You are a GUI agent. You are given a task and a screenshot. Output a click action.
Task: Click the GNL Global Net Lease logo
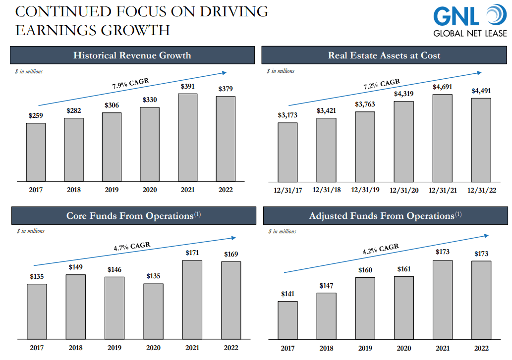coord(470,21)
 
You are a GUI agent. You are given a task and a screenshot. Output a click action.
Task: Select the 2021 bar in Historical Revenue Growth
coord(187,137)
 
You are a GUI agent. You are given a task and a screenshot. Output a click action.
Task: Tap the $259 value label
coord(36,116)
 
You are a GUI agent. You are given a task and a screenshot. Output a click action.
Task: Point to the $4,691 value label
coord(442,87)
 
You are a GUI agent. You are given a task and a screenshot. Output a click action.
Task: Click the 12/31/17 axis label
coord(287,190)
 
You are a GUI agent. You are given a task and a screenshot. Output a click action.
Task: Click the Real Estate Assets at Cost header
coord(384,55)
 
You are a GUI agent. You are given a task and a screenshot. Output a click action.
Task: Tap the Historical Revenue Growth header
coord(132,55)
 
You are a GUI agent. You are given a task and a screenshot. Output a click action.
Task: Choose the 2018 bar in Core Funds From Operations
coord(75,307)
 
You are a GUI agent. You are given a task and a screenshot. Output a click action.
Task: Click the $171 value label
coord(192,253)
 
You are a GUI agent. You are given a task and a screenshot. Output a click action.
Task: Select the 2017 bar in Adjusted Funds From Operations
coord(287,320)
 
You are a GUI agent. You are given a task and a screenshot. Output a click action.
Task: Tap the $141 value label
coord(287,294)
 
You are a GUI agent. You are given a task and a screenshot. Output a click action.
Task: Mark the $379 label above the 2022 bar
coord(225,89)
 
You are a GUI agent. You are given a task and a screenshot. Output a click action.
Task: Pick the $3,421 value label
coord(326,110)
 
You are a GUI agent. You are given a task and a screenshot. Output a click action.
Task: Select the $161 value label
coord(403,269)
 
